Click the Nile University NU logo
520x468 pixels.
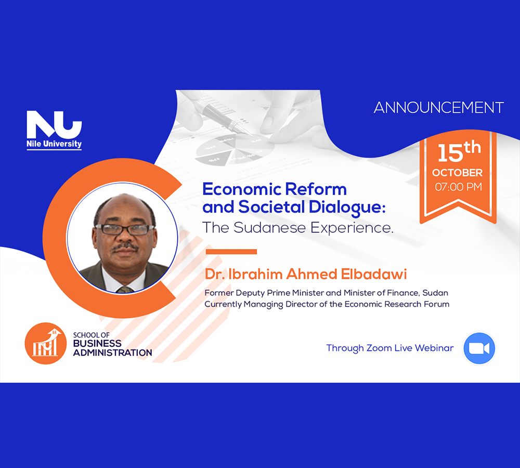pos(54,130)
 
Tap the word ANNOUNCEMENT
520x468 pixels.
pos(439,108)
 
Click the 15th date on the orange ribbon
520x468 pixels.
pos(459,152)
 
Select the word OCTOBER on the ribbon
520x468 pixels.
pos(457,173)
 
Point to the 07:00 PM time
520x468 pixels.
pos(458,187)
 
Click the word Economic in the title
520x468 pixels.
pos(242,189)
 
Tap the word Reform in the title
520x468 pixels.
pos(316,189)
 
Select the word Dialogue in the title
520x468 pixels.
pos(347,207)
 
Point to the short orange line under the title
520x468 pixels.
pos(231,252)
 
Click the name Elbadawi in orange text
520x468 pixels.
pos(374,274)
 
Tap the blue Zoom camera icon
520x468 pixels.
pos(479,348)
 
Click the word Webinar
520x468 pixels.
pos(434,348)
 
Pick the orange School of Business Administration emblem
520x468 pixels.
pos(45,344)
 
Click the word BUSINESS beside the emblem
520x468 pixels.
pos(97,343)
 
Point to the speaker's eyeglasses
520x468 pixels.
pos(125,229)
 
